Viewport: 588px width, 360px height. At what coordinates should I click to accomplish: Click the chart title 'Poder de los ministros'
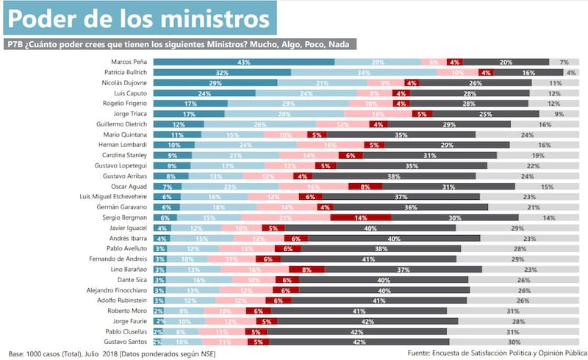click(140, 18)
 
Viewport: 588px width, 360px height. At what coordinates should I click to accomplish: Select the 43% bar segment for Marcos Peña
click(244, 62)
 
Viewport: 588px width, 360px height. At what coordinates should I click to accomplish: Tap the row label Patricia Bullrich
click(126, 73)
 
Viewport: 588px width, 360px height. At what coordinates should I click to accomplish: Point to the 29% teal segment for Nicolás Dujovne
click(215, 83)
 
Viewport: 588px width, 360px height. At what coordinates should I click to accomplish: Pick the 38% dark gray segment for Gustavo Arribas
click(393, 176)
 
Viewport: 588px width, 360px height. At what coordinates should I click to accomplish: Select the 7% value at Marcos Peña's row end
click(564, 62)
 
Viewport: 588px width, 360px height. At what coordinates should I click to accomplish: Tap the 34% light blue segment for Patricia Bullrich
click(363, 73)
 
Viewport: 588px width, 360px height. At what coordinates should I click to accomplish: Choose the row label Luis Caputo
click(131, 93)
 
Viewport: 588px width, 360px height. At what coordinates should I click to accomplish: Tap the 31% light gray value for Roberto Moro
click(514, 311)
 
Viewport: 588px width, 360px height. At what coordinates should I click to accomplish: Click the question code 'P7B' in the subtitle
click(16, 44)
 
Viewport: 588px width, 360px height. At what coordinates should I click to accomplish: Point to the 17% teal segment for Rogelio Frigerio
click(189, 104)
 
